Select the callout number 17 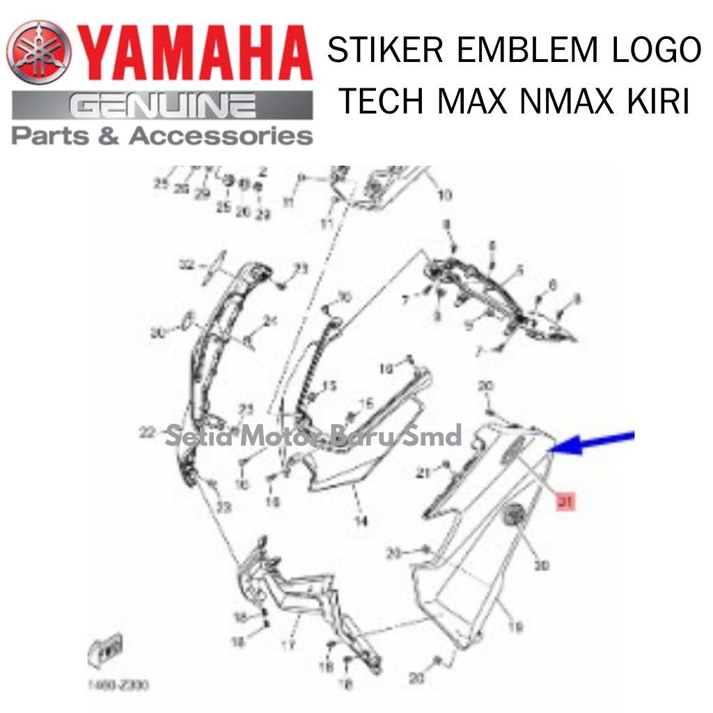click(290, 644)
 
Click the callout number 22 click(146, 433)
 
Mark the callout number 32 click(186, 265)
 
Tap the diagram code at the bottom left click(118, 685)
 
